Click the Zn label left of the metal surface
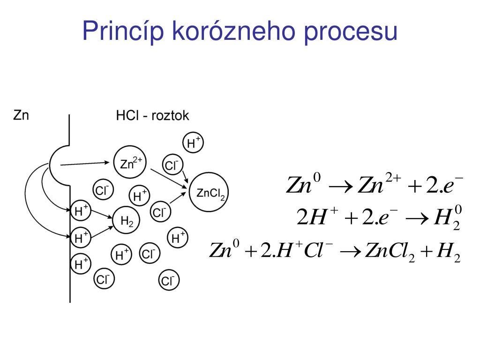pyautogui.click(x=21, y=115)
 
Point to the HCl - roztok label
pyautogui.click(x=152, y=116)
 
